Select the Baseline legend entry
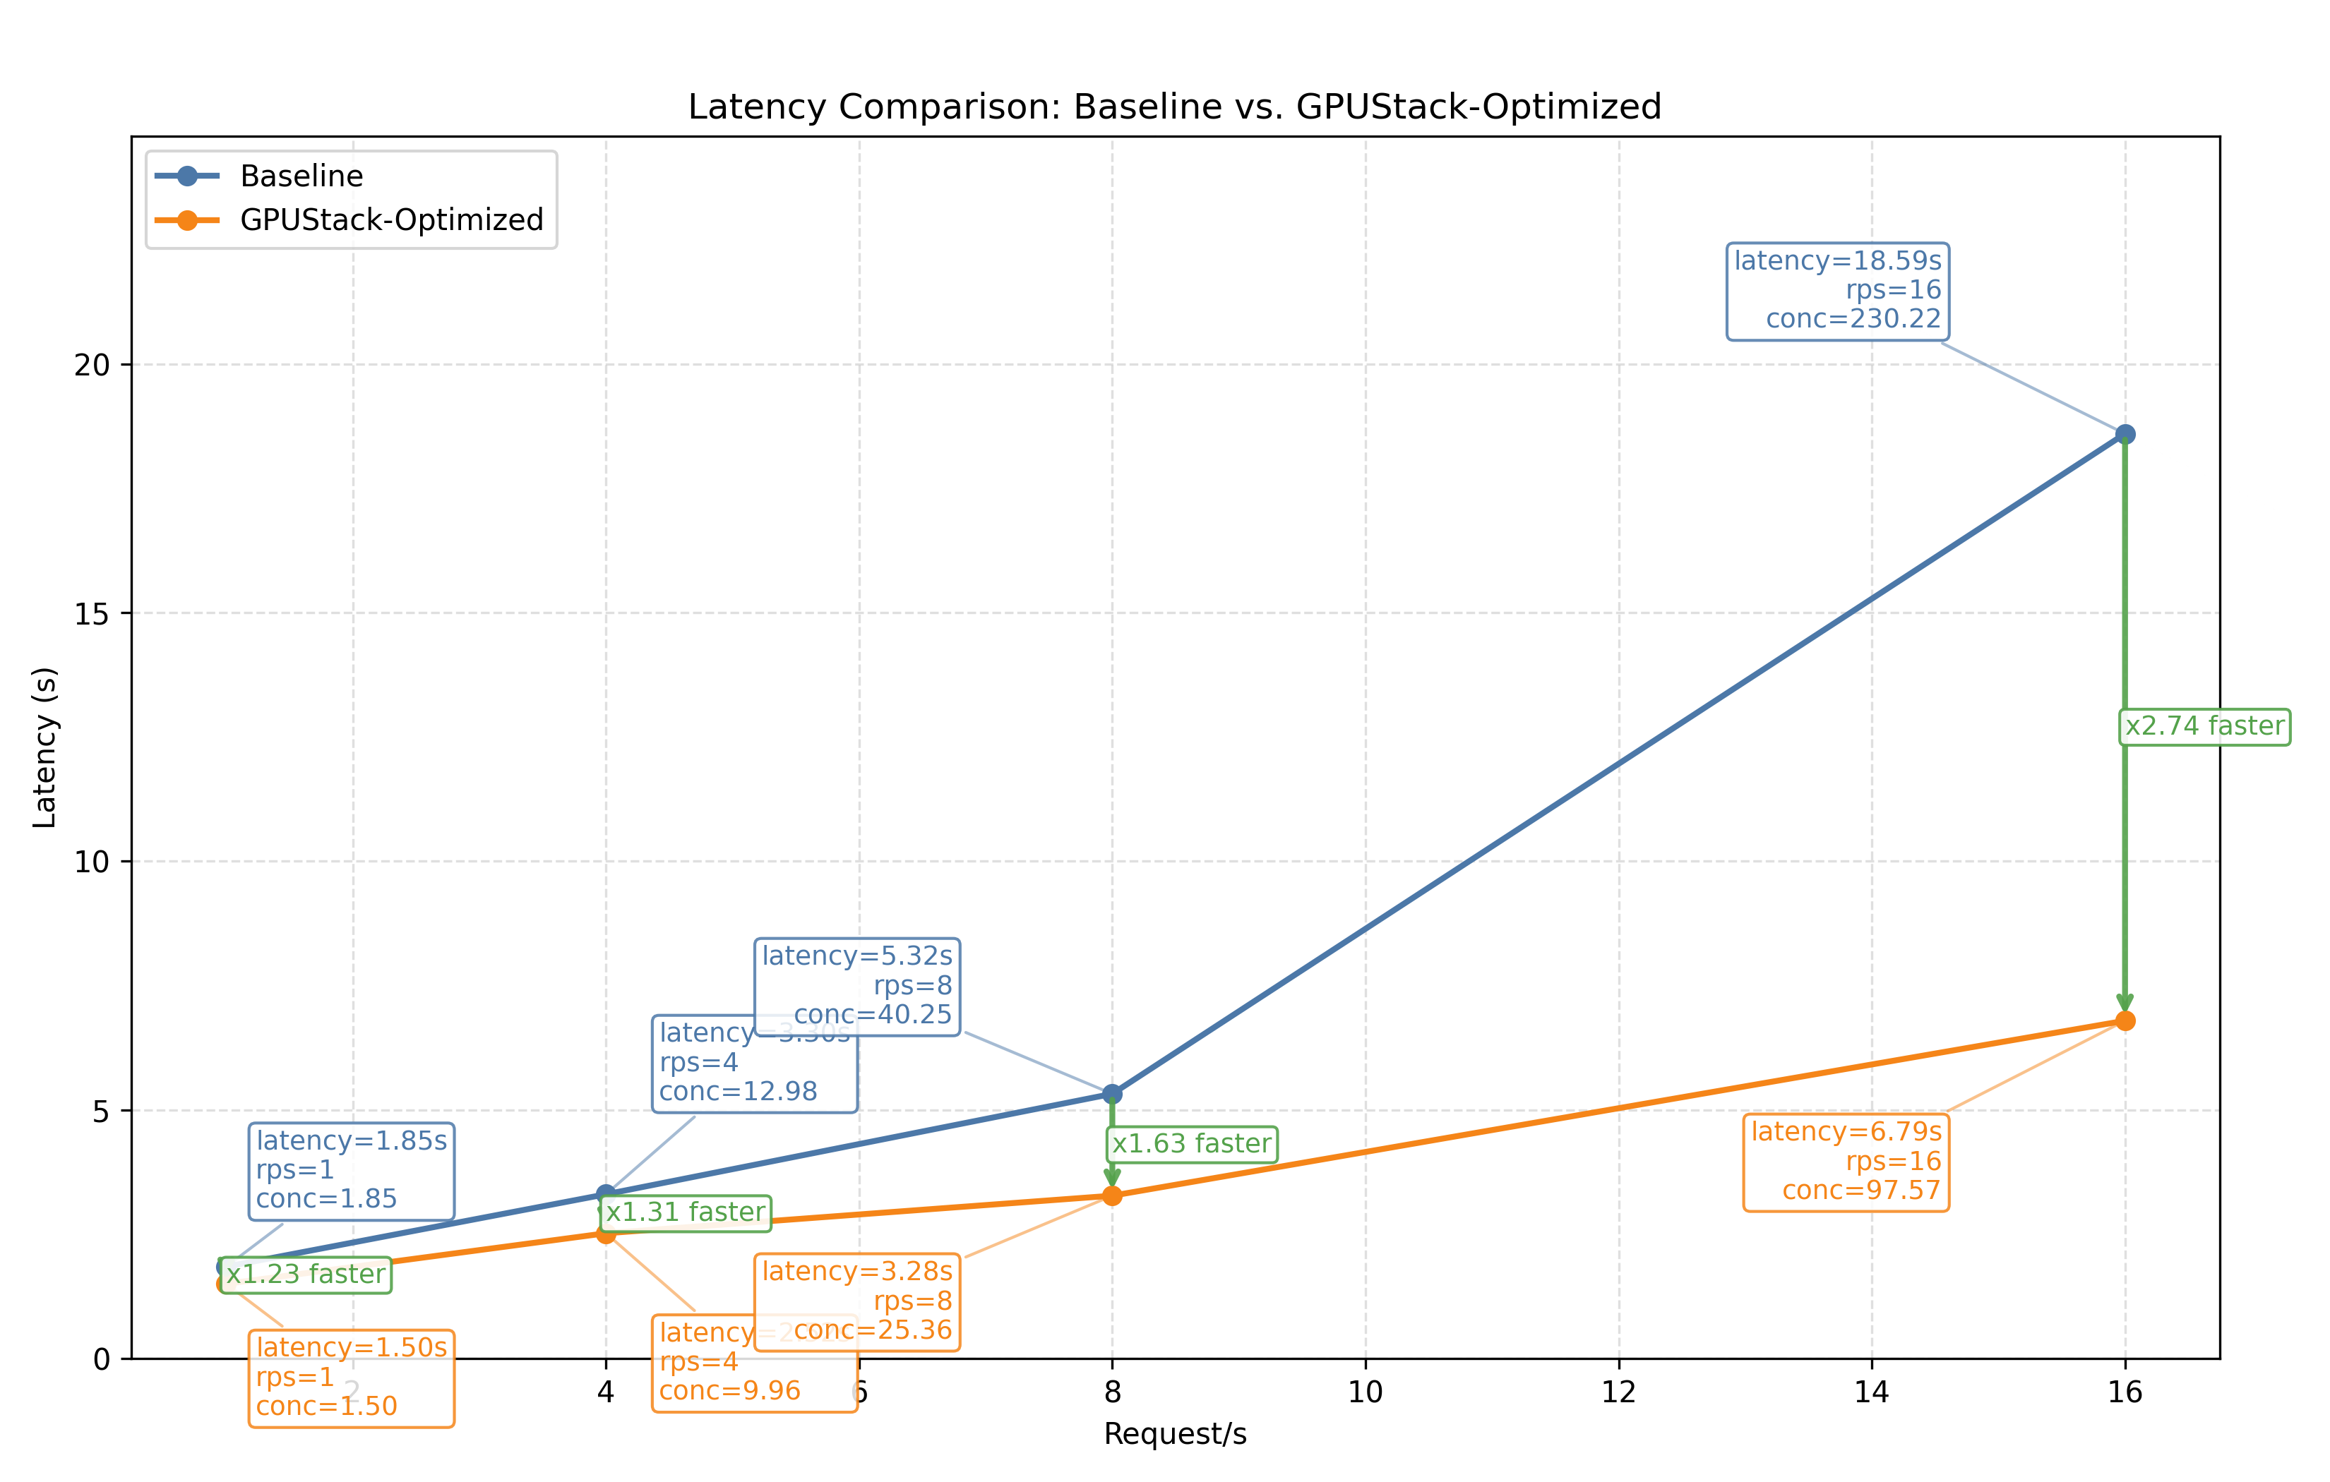[301, 176]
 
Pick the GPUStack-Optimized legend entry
[391, 221]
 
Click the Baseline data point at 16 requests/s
[2124, 434]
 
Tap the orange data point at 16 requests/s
[2124, 1020]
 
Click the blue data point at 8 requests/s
[1112, 1093]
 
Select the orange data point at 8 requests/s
[1112, 1195]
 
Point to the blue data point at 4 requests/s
[606, 1194]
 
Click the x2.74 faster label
[2204, 725]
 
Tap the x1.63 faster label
[1191, 1143]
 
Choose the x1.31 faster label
[685, 1212]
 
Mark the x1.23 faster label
[306, 1274]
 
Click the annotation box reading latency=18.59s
[1836, 290]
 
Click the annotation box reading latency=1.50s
[351, 1377]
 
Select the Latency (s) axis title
[44, 747]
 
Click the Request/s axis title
[1175, 1433]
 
